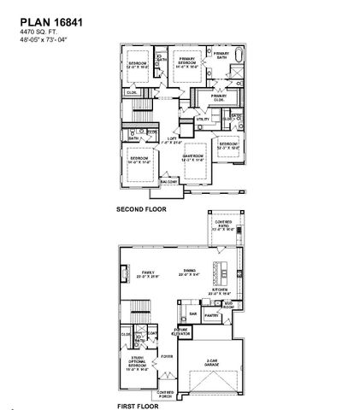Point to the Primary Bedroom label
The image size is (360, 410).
[x=186, y=62]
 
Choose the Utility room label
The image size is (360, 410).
[x=202, y=119]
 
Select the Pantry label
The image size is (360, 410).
[x=212, y=315]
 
